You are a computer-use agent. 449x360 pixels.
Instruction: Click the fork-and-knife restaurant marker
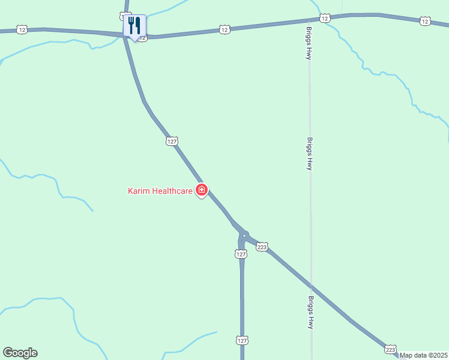(x=134, y=26)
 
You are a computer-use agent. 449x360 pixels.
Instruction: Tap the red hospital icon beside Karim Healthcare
(x=202, y=191)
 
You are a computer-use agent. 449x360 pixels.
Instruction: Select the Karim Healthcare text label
(x=160, y=191)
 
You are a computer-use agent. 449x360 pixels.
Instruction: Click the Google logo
(x=20, y=353)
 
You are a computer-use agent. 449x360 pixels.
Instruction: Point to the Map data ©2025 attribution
(x=424, y=355)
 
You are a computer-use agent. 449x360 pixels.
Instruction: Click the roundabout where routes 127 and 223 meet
(x=244, y=235)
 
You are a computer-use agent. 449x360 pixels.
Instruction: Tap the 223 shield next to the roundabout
(x=261, y=247)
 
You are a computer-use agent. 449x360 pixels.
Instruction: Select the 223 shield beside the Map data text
(x=390, y=349)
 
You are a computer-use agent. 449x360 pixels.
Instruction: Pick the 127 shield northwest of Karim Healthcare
(x=172, y=141)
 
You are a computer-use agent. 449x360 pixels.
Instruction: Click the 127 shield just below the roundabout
(x=240, y=254)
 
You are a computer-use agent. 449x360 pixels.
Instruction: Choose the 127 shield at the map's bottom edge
(x=241, y=340)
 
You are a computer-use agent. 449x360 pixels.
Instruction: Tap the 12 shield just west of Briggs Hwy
(x=324, y=19)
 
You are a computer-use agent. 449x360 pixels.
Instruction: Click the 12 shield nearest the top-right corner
(x=425, y=22)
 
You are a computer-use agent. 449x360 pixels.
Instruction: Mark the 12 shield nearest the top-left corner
(x=22, y=29)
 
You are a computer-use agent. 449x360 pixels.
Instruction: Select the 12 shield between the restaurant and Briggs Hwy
(x=224, y=29)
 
